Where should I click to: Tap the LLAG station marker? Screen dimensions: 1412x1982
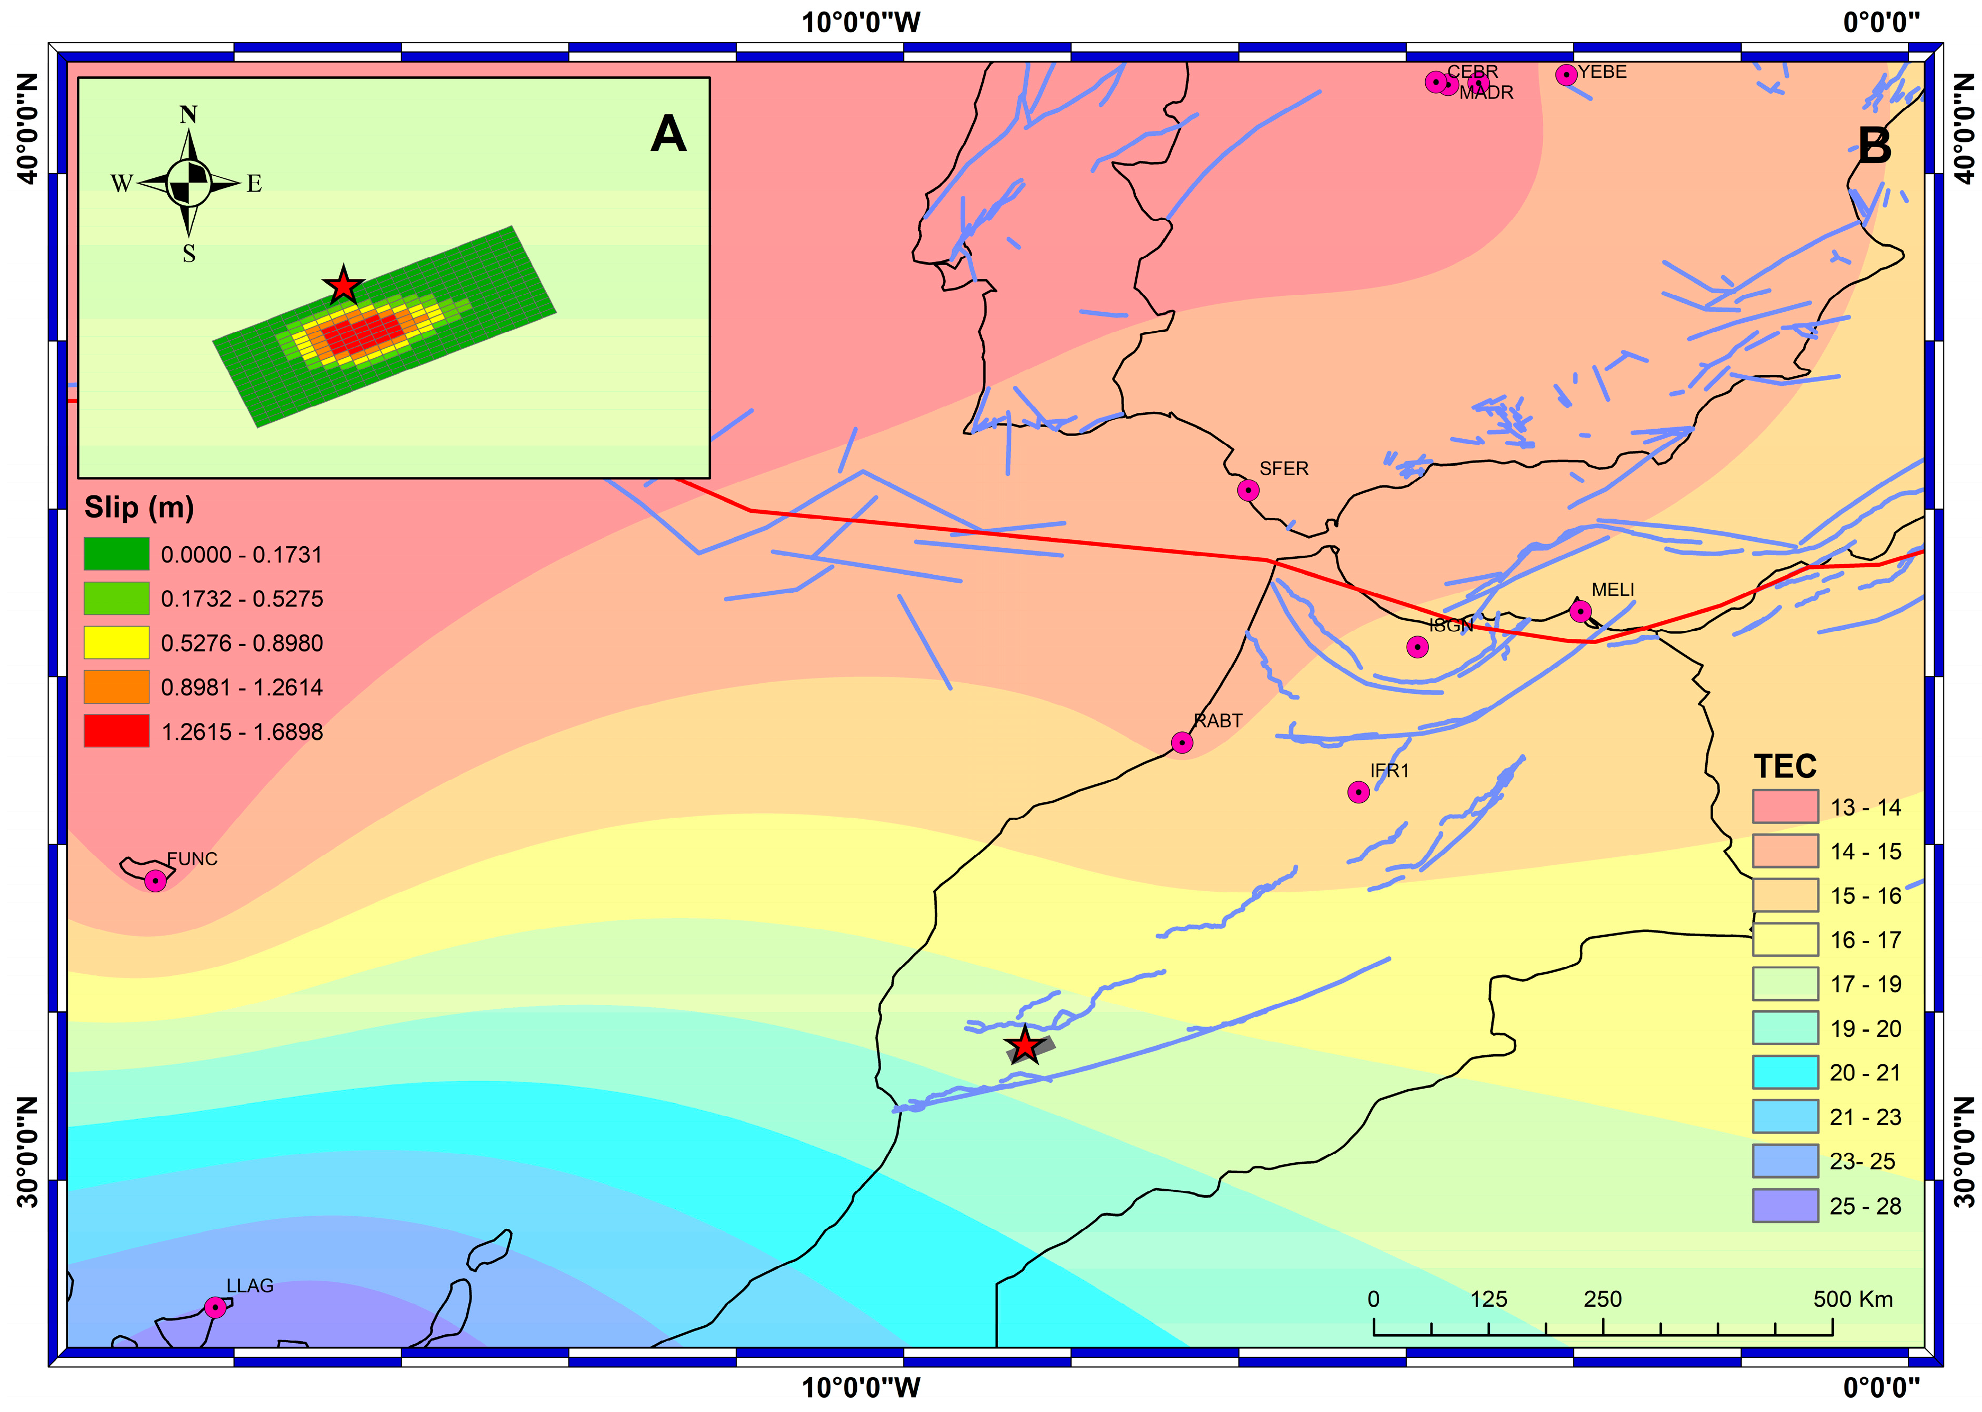(x=215, y=1307)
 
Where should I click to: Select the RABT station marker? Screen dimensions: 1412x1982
(x=1181, y=743)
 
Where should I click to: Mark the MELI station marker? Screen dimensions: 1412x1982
(x=1580, y=611)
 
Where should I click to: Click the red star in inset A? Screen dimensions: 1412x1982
(x=343, y=285)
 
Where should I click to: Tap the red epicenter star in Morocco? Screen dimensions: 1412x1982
(x=1025, y=1045)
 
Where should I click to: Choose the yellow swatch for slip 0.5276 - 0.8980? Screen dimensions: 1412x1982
(x=116, y=642)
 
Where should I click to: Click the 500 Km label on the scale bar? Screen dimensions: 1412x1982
(x=1852, y=1299)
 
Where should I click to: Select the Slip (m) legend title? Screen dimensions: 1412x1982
(x=139, y=507)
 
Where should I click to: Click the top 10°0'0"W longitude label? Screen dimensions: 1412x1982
(x=861, y=22)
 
